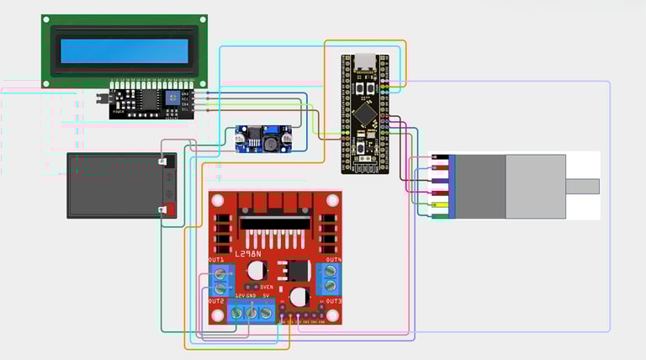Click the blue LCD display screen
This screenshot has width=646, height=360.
pyautogui.click(x=124, y=50)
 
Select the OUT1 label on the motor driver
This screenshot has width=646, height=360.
pyautogui.click(x=216, y=260)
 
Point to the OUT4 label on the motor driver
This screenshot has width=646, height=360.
pyautogui.click(x=333, y=260)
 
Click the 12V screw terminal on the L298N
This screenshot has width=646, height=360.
pyautogui.click(x=237, y=313)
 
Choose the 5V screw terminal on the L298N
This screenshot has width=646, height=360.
pyautogui.click(x=266, y=313)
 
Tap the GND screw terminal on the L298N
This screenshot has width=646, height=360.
pyautogui.click(x=252, y=313)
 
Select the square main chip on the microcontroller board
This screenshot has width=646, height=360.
pyautogui.click(x=365, y=113)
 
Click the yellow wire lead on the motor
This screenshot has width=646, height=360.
pyautogui.click(x=439, y=204)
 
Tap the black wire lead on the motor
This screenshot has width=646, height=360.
pyautogui.click(x=439, y=156)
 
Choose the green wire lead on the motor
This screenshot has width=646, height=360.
pyautogui.click(x=439, y=216)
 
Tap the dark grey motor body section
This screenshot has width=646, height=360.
pyautogui.click(x=480, y=186)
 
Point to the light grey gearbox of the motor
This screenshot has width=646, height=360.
pyautogui.click(x=536, y=186)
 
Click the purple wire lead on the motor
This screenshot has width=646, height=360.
pyautogui.click(x=439, y=180)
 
